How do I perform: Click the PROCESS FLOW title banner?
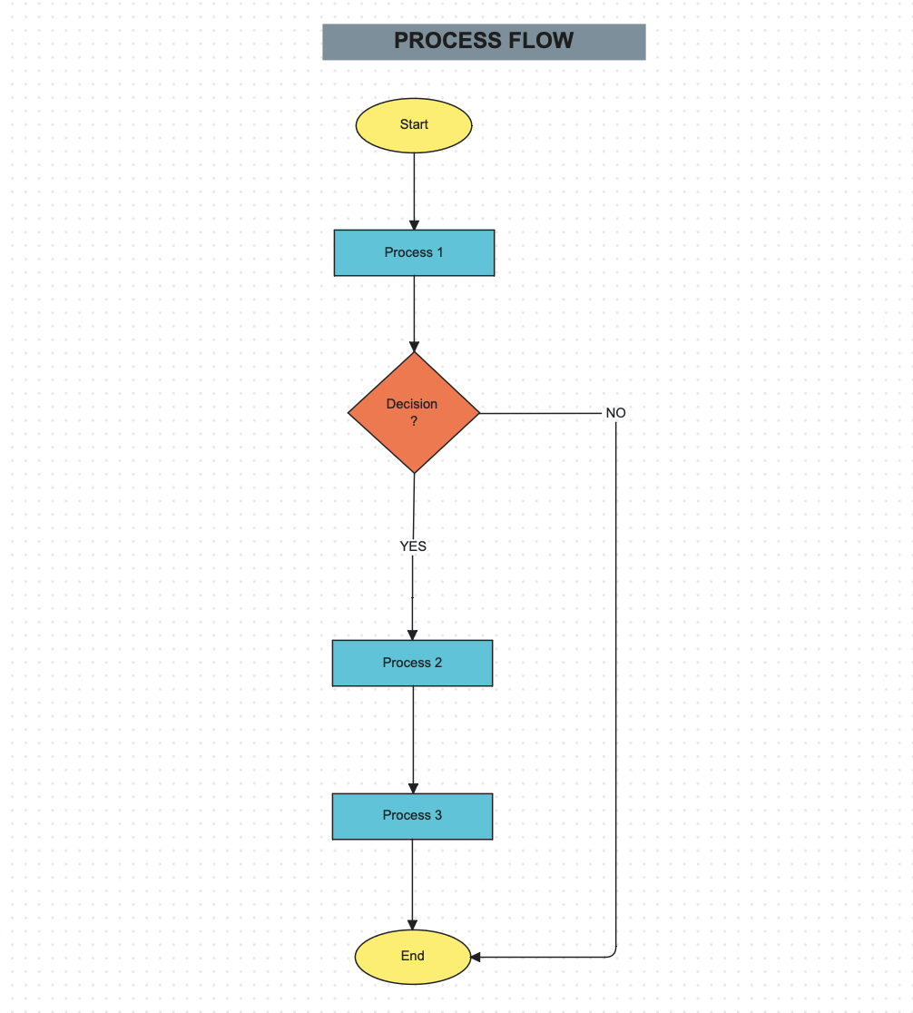click(x=484, y=42)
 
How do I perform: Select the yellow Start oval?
click(x=414, y=125)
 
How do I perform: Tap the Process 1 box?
click(x=414, y=252)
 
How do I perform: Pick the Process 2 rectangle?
click(x=412, y=663)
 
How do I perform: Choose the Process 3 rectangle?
click(x=412, y=816)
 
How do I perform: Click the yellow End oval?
click(x=413, y=957)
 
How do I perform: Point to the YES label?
click(x=413, y=546)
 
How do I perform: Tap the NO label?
click(x=615, y=413)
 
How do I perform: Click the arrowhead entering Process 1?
click(x=415, y=224)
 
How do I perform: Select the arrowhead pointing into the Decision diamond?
click(x=415, y=346)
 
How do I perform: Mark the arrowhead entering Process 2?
click(x=413, y=634)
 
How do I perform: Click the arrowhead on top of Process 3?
click(x=413, y=788)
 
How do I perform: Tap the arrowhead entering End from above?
click(x=413, y=924)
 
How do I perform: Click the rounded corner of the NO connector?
click(x=614, y=953)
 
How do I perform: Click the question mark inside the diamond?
click(x=414, y=421)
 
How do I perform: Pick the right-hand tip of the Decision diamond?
click(x=477, y=413)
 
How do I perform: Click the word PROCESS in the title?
click(x=440, y=41)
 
